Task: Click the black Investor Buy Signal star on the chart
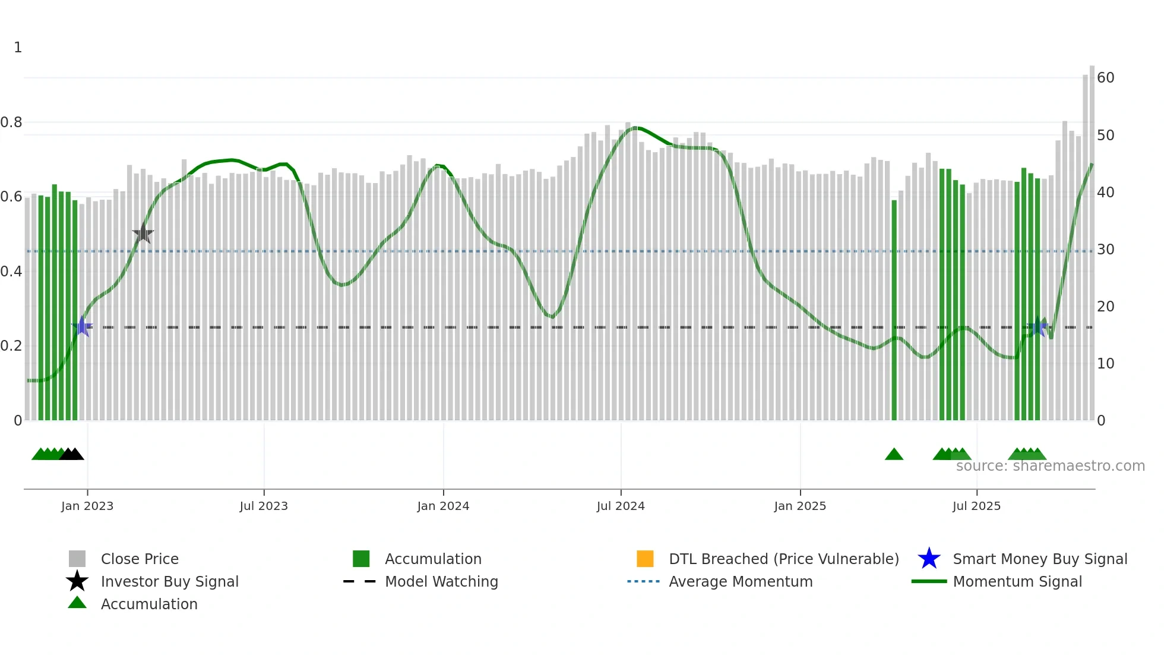coord(143,234)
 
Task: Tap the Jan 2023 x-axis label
coord(87,506)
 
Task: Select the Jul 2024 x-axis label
coord(621,506)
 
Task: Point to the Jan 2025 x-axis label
coord(800,506)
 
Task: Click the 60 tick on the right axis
coord(1105,78)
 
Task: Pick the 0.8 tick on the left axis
coord(11,122)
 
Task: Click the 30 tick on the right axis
coord(1105,250)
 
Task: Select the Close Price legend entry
coord(140,559)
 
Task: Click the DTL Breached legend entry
coord(783,559)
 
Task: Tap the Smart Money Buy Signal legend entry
coord(1039,559)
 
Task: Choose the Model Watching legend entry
coord(441,581)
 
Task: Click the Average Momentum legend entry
coord(741,581)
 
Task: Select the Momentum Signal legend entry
coord(1017,581)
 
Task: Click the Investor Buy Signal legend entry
coord(169,581)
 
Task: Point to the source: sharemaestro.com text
coord(1050,466)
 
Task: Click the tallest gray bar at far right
coord(1092,238)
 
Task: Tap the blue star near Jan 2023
coord(82,326)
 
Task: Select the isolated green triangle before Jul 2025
coord(894,455)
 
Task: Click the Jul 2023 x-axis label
coord(264,506)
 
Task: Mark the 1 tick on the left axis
coord(18,48)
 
